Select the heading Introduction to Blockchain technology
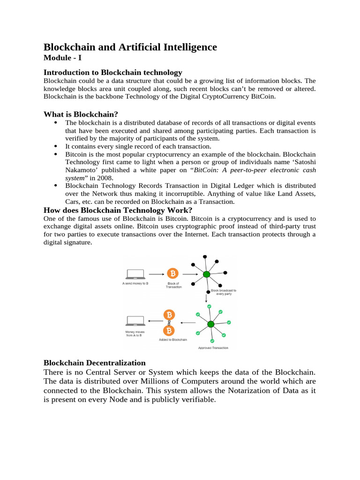[x=112, y=72]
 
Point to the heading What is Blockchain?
[x=81, y=114]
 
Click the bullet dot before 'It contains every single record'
[x=56, y=145]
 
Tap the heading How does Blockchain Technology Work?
[x=118, y=210]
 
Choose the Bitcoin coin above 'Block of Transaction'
[x=173, y=273]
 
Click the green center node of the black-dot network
[x=206, y=275]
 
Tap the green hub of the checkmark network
[x=210, y=324]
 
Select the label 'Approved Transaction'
[x=213, y=348]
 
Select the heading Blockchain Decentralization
[x=95, y=363]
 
